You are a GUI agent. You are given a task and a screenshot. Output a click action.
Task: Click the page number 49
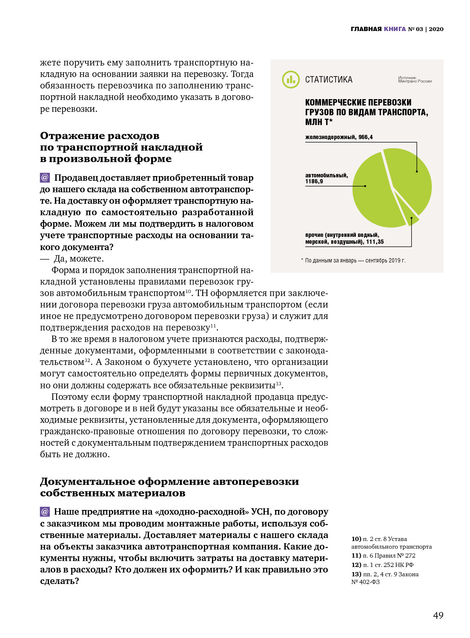click(x=438, y=615)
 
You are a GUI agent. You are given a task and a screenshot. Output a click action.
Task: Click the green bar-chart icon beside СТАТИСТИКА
click(x=291, y=80)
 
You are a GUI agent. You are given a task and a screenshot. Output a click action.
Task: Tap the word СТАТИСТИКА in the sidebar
click(x=329, y=80)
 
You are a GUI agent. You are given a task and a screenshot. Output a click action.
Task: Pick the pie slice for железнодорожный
click(x=409, y=179)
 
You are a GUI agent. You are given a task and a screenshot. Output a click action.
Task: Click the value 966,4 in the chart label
click(x=365, y=137)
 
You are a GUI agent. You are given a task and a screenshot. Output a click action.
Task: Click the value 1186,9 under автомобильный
click(x=314, y=182)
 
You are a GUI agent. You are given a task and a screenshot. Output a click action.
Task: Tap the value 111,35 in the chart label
click(x=375, y=242)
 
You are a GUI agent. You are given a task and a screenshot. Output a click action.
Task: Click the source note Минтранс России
click(x=415, y=81)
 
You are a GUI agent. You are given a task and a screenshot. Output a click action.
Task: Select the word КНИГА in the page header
click(x=395, y=29)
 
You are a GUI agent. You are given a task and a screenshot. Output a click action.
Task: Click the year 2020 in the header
click(x=436, y=29)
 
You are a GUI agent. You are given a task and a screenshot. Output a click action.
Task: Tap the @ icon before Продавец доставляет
click(x=45, y=177)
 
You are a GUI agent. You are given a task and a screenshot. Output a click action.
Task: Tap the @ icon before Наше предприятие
click(x=45, y=511)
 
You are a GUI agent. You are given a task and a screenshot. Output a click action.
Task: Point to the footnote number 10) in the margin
click(x=356, y=539)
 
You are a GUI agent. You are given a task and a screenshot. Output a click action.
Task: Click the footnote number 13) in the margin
click(x=356, y=574)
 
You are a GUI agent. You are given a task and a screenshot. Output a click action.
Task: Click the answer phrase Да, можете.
click(x=79, y=259)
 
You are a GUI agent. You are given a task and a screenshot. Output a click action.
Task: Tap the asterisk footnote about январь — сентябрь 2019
click(x=353, y=260)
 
